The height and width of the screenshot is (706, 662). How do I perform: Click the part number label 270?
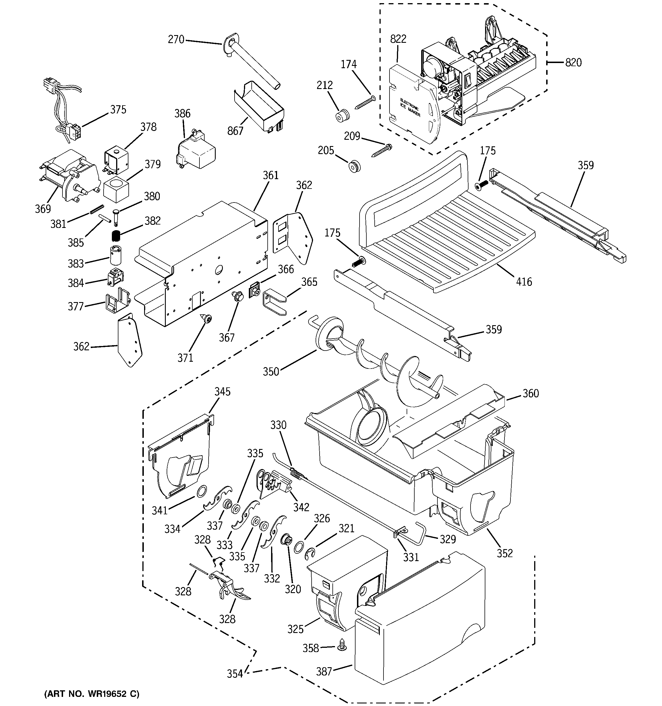tap(176, 39)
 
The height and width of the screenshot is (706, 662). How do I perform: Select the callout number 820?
tap(573, 62)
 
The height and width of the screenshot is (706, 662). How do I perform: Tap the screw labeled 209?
tap(381, 151)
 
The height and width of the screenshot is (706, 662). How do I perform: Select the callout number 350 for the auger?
tap(271, 371)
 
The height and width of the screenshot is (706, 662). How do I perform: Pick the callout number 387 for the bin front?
tap(324, 671)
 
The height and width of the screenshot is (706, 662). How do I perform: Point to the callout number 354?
tap(235, 674)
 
